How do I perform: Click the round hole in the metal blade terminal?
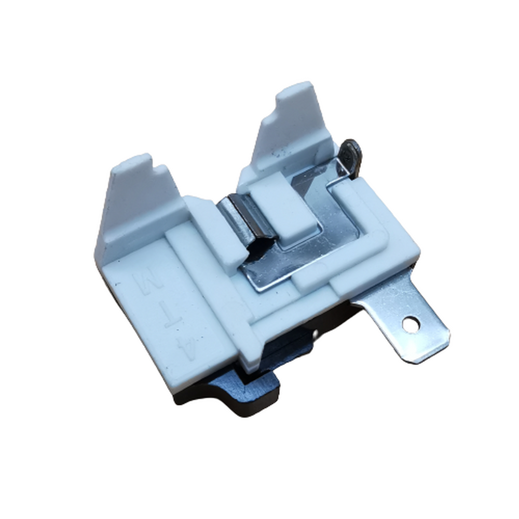(411, 323)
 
